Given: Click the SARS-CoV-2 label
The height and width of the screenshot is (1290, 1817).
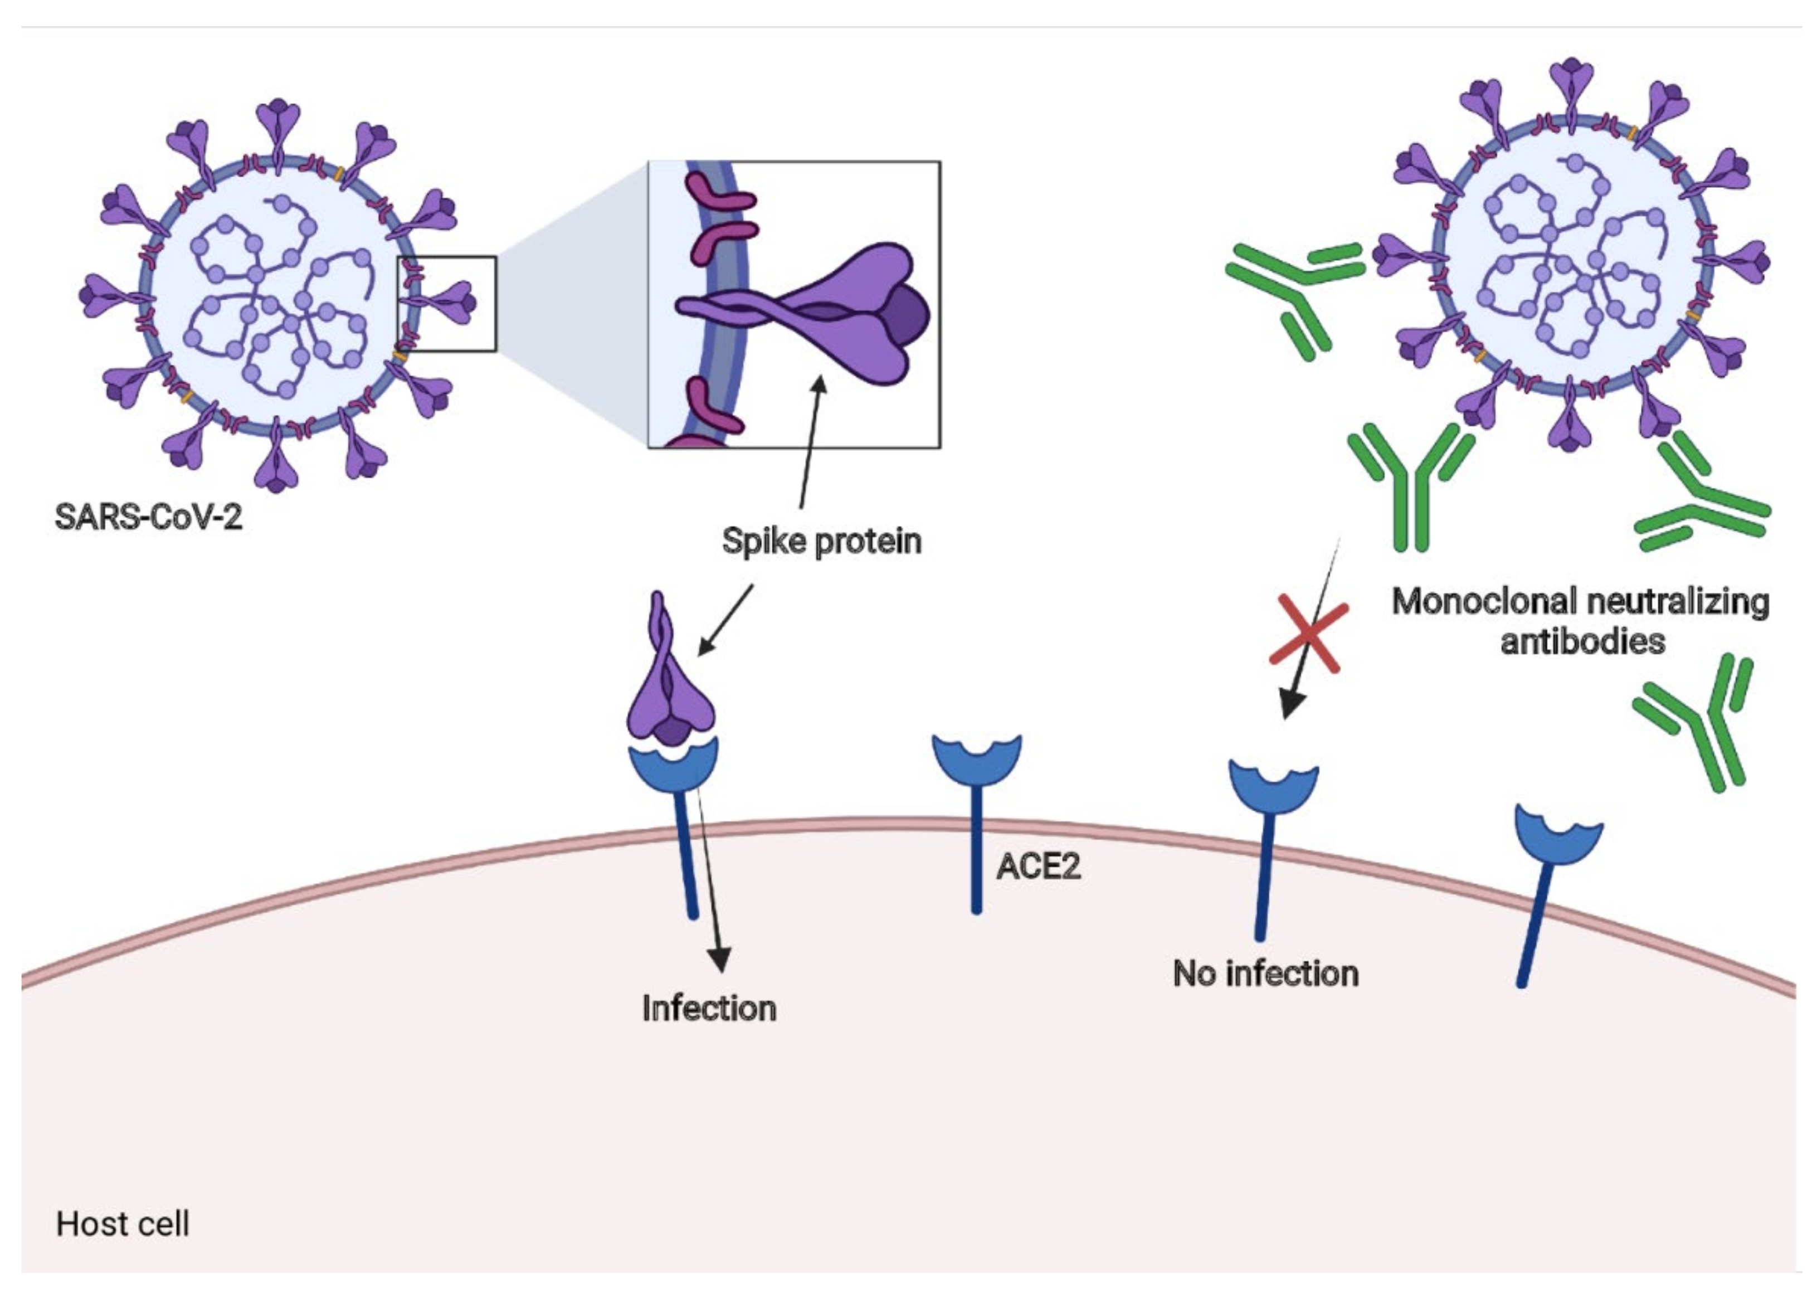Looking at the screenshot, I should pyautogui.click(x=148, y=517).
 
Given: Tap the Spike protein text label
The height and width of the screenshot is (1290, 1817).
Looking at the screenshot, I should pyautogui.click(x=821, y=541).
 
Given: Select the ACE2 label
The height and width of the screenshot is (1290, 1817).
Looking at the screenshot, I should pyautogui.click(x=1038, y=866).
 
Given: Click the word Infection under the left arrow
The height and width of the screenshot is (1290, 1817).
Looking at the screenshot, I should pyautogui.click(x=708, y=1008).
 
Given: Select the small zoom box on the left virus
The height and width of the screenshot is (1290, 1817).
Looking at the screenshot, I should pyautogui.click(x=446, y=304).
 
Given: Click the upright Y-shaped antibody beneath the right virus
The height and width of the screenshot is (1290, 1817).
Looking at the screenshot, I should pyautogui.click(x=1410, y=485).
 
